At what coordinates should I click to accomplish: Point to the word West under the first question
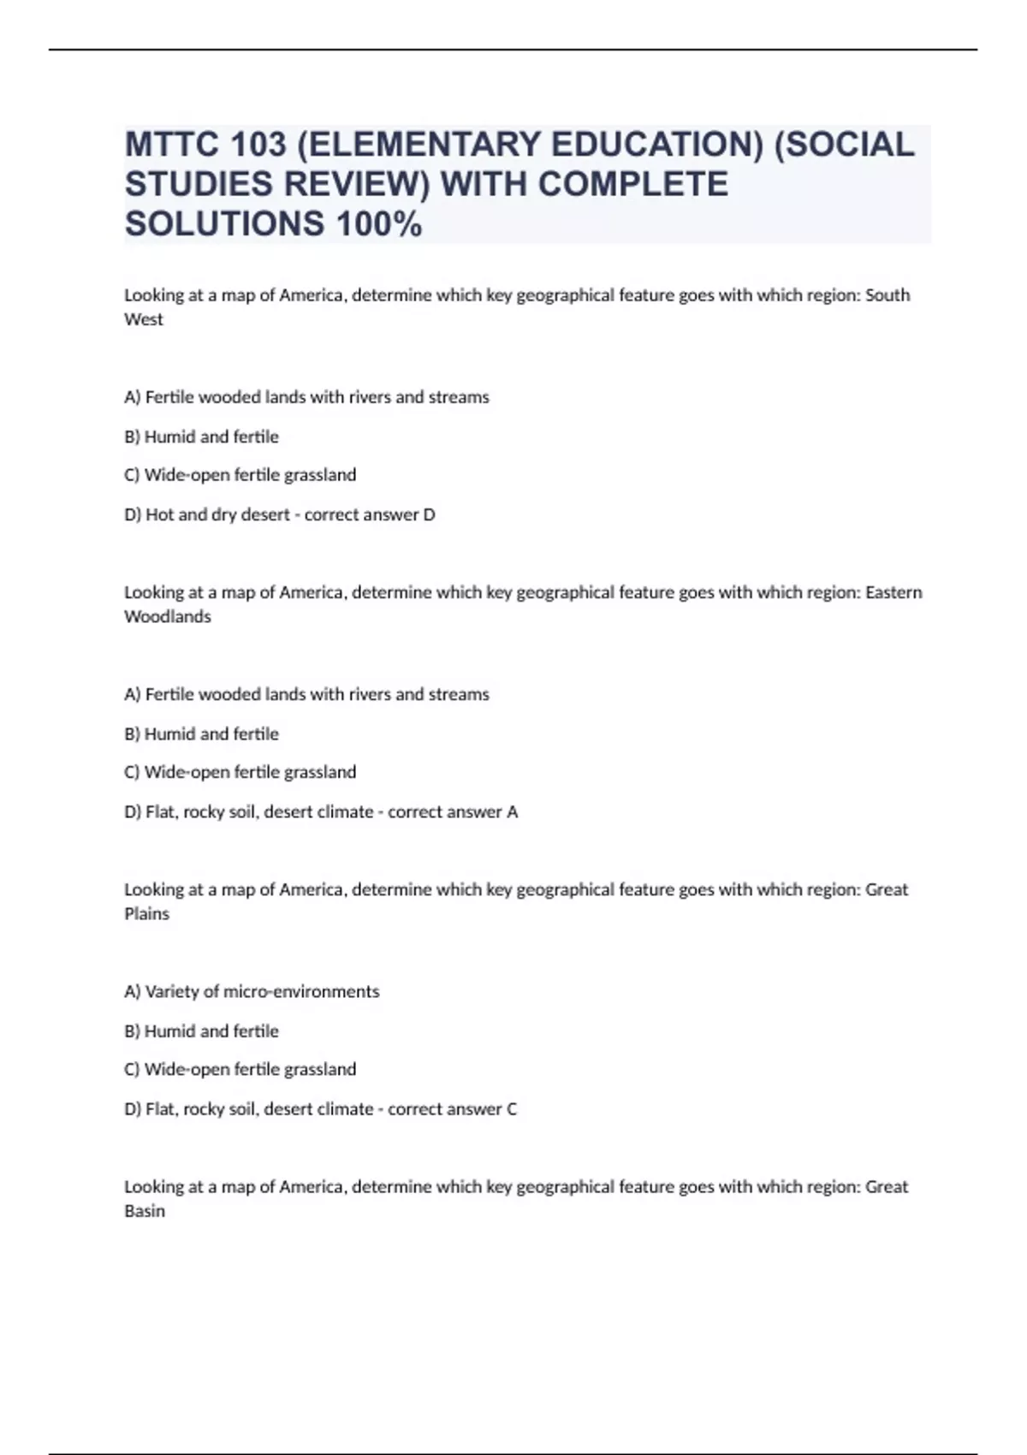point(144,319)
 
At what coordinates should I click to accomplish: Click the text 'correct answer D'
point(370,514)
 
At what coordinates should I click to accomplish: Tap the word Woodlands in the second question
point(168,616)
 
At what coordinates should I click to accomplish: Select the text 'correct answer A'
point(453,811)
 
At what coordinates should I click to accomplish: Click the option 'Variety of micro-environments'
point(261,991)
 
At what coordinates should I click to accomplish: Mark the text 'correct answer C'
point(453,1108)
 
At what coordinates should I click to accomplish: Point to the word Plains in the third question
point(147,913)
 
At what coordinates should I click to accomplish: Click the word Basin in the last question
point(145,1210)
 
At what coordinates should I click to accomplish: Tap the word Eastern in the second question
point(893,592)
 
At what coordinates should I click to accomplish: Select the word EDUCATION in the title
point(656,145)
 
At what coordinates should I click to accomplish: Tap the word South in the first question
point(887,295)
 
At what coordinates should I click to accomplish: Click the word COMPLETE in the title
point(633,184)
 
